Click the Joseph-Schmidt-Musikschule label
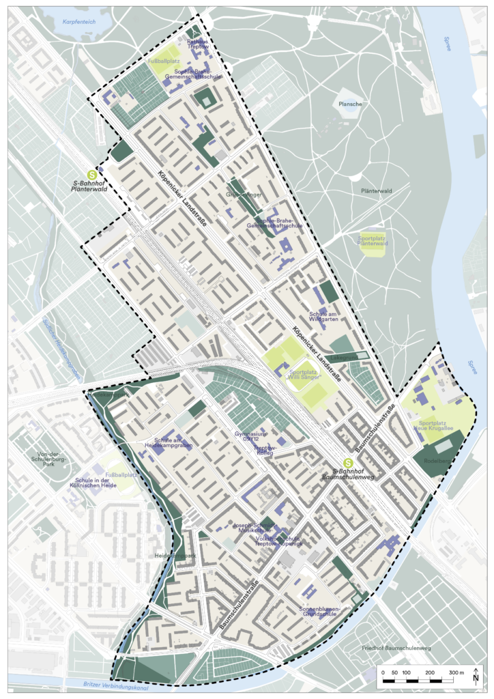(x=252, y=528)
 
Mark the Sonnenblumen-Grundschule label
(x=319, y=612)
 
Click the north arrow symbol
(x=476, y=676)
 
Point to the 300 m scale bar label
(x=455, y=673)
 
